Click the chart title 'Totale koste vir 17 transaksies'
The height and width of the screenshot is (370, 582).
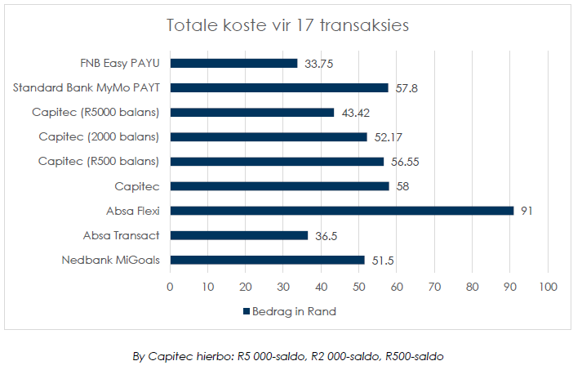(x=287, y=26)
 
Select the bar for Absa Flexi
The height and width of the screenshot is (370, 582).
(x=342, y=211)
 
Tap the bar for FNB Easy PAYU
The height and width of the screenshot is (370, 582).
(x=233, y=63)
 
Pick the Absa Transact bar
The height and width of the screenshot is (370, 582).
(x=238, y=235)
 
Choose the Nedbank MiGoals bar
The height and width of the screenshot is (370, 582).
(x=267, y=260)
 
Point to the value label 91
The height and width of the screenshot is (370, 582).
(x=526, y=211)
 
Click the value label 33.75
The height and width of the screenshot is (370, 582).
(x=319, y=63)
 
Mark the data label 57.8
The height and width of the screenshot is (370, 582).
(x=407, y=87)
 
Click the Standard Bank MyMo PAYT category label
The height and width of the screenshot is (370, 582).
(x=86, y=87)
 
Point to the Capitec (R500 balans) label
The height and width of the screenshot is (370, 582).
(x=98, y=161)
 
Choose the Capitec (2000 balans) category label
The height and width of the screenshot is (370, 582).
(x=99, y=136)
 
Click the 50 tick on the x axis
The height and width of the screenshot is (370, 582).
(x=358, y=287)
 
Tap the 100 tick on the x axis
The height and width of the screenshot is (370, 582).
(x=547, y=287)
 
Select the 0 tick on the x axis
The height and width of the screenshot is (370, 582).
(x=170, y=287)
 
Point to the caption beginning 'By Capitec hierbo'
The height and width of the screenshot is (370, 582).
(x=288, y=356)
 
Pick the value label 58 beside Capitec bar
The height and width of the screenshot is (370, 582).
(x=402, y=186)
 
